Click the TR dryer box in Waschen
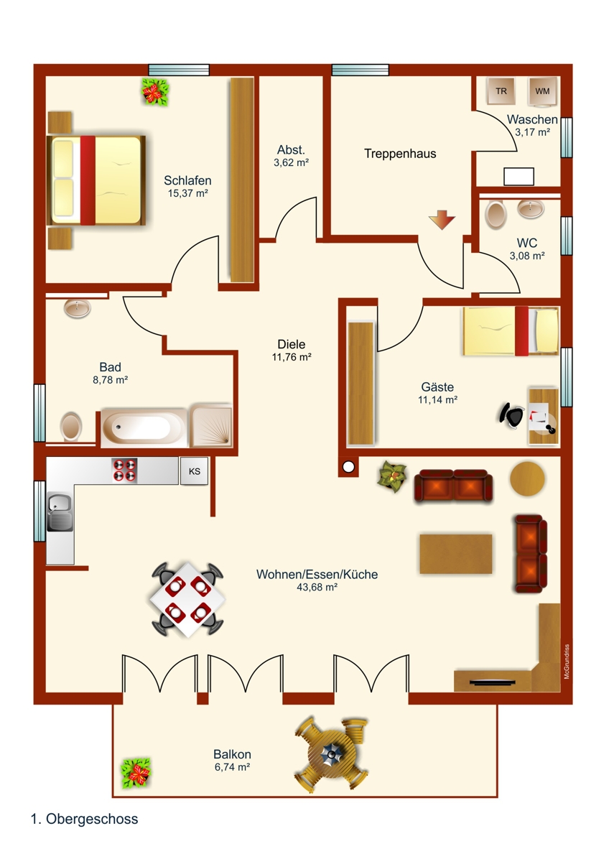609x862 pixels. [x=501, y=91]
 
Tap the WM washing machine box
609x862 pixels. [x=542, y=91]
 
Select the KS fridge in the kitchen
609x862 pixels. [x=194, y=471]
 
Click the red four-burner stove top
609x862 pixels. [x=124, y=470]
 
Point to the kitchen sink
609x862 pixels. [x=60, y=513]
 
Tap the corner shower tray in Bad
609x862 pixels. [x=211, y=426]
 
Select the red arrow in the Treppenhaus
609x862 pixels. [x=441, y=220]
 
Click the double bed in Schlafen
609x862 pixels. [x=96, y=180]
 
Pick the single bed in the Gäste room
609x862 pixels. [x=511, y=330]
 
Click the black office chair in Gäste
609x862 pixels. [x=512, y=414]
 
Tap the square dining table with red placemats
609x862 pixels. [x=187, y=598]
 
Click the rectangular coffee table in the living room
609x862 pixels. [x=456, y=554]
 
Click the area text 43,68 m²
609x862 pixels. [x=317, y=587]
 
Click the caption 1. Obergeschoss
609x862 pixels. [x=85, y=819]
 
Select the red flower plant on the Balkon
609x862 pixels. [x=136, y=774]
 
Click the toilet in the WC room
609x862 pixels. [x=496, y=214]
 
